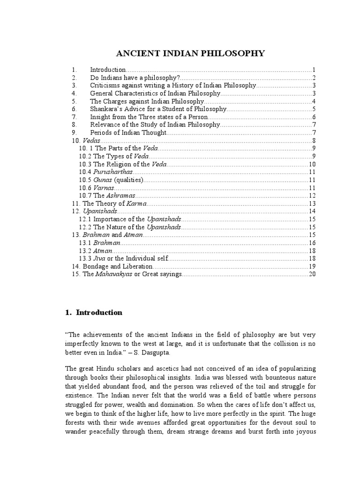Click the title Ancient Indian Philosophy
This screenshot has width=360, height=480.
pos(190,53)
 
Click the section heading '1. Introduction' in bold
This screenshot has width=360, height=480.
pos(93,313)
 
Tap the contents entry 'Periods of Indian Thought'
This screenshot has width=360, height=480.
pos(128,133)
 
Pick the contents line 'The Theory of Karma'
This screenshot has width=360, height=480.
pos(114,203)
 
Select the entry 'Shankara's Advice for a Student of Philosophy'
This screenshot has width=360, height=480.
pos(158,109)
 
